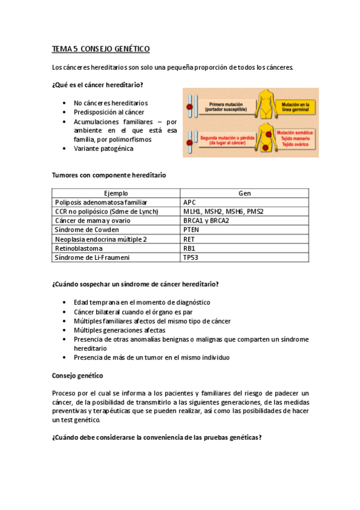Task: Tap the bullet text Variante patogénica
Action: [103, 148]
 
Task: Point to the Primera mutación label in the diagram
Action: [225, 106]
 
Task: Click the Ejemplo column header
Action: [116, 193]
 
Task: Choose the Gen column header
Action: [245, 193]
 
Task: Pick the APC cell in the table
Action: [190, 202]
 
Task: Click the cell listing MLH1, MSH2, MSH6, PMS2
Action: [223, 212]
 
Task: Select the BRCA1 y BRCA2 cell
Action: [206, 221]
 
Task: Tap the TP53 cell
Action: [191, 257]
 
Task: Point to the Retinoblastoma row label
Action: [79, 248]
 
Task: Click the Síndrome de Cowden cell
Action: [87, 230]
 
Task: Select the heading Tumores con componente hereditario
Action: [109, 175]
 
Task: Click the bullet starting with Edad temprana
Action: [142, 303]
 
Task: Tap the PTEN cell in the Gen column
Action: [192, 230]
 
